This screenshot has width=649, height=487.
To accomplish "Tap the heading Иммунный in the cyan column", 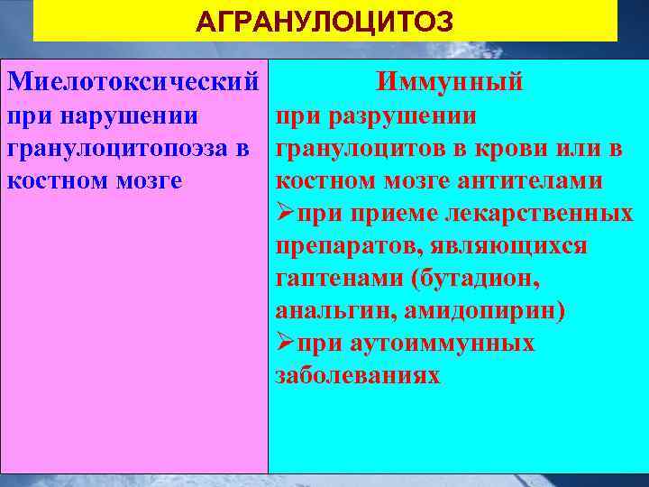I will click(x=451, y=84).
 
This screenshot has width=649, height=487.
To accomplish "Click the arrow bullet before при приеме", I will click(x=286, y=214).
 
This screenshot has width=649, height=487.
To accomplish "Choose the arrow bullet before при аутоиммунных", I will click(x=286, y=344).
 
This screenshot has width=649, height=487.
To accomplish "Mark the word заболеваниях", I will click(x=358, y=376).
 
